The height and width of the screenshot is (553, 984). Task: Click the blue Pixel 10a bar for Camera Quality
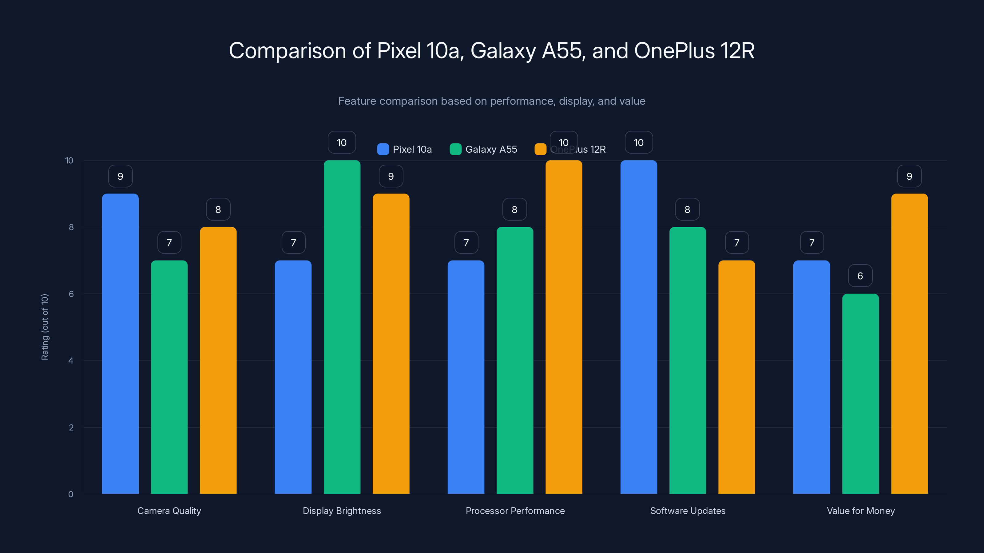click(x=120, y=343)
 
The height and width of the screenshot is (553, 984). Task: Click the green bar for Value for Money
click(x=860, y=394)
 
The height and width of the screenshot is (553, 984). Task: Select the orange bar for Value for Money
click(x=910, y=343)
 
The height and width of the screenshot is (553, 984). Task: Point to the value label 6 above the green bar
click(x=860, y=276)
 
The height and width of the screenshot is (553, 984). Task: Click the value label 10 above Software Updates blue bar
click(x=639, y=142)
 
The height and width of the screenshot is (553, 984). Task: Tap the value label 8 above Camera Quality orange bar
click(x=218, y=209)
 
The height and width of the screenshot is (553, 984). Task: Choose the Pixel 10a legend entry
click(x=405, y=149)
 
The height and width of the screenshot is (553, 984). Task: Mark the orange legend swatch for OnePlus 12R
click(x=541, y=149)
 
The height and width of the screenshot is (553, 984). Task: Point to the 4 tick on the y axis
click(x=71, y=361)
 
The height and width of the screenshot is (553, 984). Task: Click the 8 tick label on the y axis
click(x=71, y=227)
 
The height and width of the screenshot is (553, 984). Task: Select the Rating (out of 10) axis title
click(x=45, y=327)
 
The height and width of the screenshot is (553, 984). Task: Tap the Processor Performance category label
click(x=515, y=511)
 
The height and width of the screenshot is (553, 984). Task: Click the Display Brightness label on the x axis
click(x=342, y=511)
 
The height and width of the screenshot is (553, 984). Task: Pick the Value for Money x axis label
click(x=861, y=511)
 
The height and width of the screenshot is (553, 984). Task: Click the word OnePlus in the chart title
click(x=674, y=51)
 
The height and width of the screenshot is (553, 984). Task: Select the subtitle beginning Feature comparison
click(x=492, y=101)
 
